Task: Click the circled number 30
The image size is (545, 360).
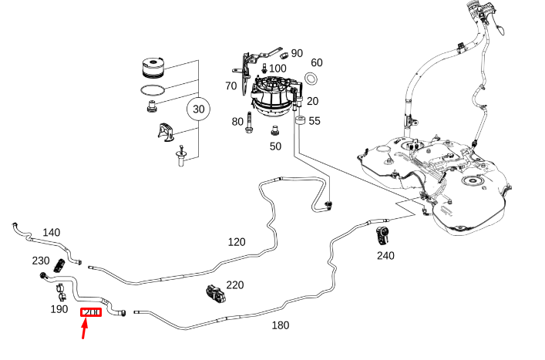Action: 199,109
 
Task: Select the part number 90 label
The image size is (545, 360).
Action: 297,53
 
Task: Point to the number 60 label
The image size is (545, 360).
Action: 317,62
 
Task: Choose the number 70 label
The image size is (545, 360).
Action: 230,86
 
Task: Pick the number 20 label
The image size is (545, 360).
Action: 312,102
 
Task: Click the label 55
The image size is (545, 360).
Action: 315,121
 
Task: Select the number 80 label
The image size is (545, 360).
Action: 237,122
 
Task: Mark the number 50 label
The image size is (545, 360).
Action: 275,146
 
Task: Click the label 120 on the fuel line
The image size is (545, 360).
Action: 237,242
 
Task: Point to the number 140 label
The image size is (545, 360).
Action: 51,232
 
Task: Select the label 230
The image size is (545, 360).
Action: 41,261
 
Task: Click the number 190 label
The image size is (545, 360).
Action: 59,309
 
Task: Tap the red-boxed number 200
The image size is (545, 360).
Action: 92,312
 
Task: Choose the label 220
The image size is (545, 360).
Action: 234,285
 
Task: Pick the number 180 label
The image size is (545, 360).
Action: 281,325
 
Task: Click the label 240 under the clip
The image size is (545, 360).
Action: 385,255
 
